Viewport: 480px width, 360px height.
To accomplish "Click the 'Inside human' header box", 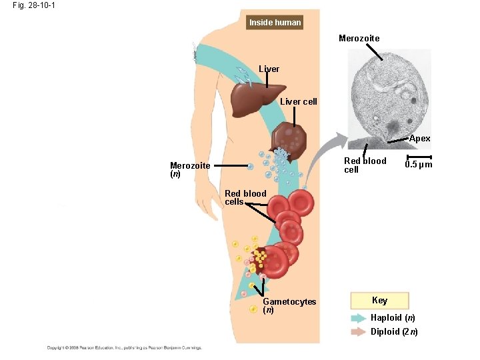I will point(275,23).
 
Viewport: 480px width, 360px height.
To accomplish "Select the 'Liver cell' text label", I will point(298,102).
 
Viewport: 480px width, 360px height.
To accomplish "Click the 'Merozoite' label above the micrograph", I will point(359,39).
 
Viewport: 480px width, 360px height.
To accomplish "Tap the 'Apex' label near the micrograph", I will point(419,139).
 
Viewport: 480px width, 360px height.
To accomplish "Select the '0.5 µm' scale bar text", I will point(419,165).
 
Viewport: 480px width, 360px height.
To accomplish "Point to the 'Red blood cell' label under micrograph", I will point(364,165).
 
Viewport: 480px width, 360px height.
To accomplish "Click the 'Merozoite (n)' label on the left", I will point(190,169).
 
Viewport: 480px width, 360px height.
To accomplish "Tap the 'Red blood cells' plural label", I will point(245,197).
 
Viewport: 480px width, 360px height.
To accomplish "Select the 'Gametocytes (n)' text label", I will point(289,305).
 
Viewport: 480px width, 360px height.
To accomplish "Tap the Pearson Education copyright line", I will point(123,347).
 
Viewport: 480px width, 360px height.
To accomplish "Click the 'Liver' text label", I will point(269,69).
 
